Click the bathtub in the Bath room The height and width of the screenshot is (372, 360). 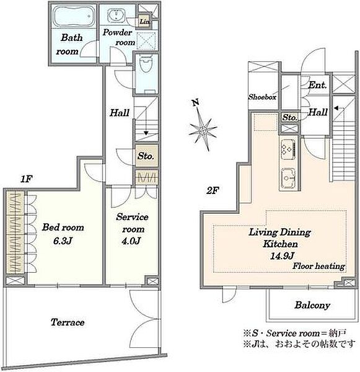pyautogui.click(x=72, y=16)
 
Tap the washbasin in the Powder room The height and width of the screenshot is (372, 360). pyautogui.click(x=116, y=15)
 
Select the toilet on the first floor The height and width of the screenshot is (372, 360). pyautogui.click(x=146, y=63)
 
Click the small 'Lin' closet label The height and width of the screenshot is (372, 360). pyautogui.click(x=144, y=21)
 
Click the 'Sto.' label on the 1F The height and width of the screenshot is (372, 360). pyautogui.click(x=146, y=156)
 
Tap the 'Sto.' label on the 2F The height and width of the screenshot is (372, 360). pyautogui.click(x=290, y=117)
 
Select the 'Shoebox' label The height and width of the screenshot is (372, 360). pyautogui.click(x=262, y=97)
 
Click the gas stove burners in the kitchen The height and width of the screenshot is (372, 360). pyautogui.click(x=288, y=149)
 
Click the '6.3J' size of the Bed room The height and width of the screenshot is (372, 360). pyautogui.click(x=63, y=241)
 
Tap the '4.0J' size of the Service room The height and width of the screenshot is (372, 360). pyautogui.click(x=131, y=241)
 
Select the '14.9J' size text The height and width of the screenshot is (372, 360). pyautogui.click(x=282, y=255)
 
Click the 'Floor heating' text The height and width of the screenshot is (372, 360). pyautogui.click(x=318, y=266)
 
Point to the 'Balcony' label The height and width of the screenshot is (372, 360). pyautogui.click(x=312, y=305)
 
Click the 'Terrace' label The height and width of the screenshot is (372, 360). pyautogui.click(x=68, y=322)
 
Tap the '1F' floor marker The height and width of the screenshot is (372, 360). pyautogui.click(x=26, y=179)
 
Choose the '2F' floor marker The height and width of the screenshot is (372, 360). pyautogui.click(x=213, y=190)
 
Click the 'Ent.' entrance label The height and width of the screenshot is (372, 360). pyautogui.click(x=318, y=85)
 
